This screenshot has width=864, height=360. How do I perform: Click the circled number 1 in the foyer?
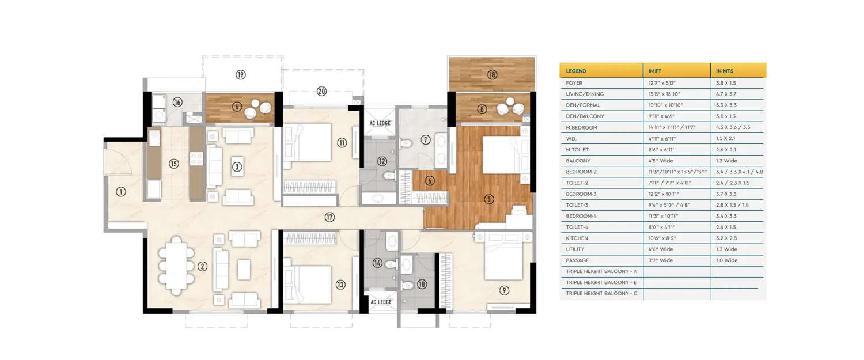[x=120, y=192]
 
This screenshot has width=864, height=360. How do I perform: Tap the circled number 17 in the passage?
[x=329, y=217]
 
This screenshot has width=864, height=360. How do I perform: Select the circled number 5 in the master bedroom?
[x=489, y=200]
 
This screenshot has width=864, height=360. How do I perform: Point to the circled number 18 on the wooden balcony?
[x=491, y=74]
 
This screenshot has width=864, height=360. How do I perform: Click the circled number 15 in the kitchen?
[x=173, y=164]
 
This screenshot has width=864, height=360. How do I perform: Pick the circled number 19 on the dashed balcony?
[x=241, y=74]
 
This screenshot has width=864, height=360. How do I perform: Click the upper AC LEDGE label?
[x=381, y=123]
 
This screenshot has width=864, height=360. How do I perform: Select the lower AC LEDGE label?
[x=381, y=302]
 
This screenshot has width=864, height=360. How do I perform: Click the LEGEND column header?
[x=576, y=71]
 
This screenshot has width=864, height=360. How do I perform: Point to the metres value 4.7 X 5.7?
[x=726, y=94]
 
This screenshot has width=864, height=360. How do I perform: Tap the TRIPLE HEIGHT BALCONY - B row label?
[x=601, y=282]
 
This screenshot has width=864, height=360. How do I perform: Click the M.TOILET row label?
[x=578, y=150]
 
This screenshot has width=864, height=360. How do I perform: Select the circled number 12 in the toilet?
[x=382, y=161]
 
